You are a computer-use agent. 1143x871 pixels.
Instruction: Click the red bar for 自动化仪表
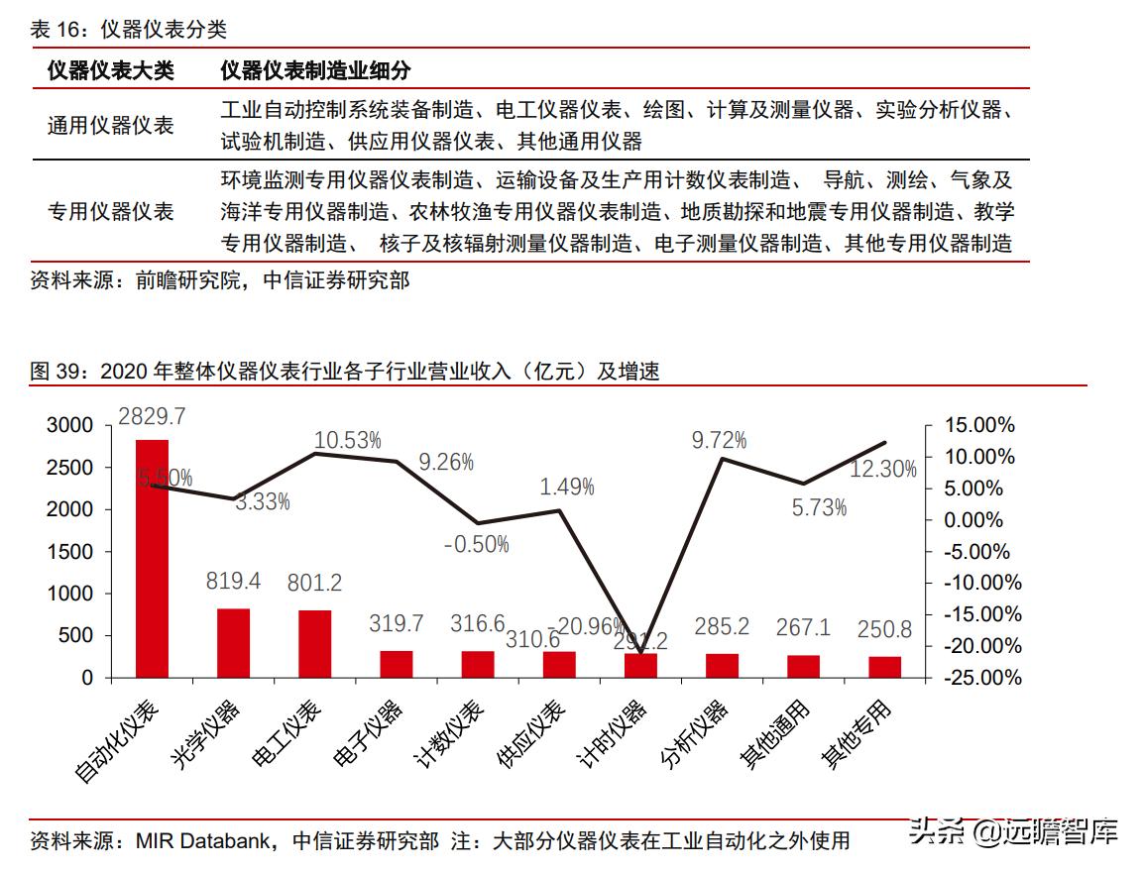tap(152, 559)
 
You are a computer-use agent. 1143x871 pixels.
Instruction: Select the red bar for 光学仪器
tap(233, 643)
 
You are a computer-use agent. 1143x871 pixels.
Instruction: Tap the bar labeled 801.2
tap(314, 644)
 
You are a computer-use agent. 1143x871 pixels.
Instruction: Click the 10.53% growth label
tap(347, 440)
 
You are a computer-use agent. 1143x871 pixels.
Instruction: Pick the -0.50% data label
tap(476, 544)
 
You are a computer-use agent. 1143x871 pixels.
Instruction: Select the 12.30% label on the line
tap(883, 470)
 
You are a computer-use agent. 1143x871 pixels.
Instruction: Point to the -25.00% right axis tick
tap(975, 678)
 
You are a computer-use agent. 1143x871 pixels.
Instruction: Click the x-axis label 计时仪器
tap(611, 734)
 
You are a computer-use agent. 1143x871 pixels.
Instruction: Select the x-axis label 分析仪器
tap(694, 734)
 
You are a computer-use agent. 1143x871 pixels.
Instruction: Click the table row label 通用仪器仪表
tap(110, 126)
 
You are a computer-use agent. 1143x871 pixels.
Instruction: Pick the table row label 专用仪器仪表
tap(110, 211)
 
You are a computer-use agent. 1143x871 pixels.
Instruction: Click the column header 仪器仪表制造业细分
tap(314, 70)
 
